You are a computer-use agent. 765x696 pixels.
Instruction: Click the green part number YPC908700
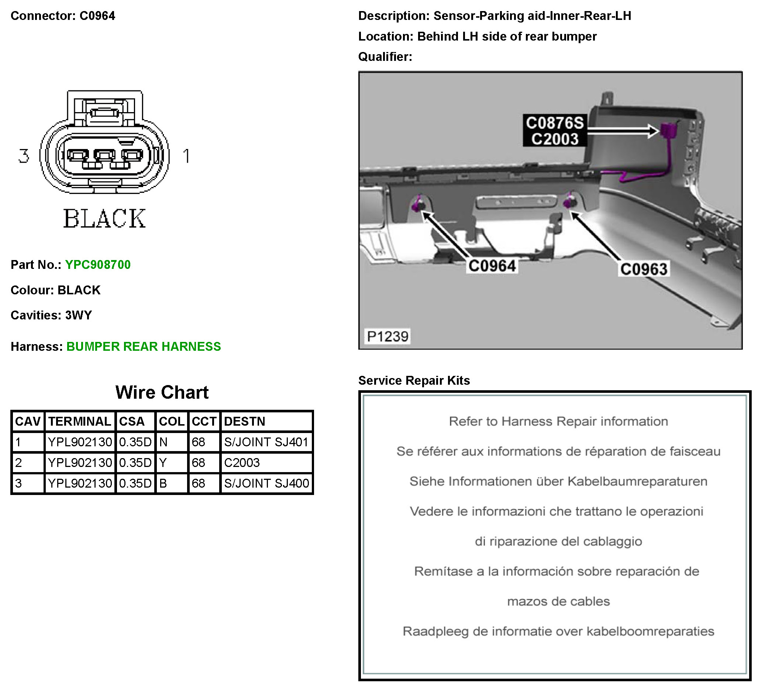(x=98, y=265)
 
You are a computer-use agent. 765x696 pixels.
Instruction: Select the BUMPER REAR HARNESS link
(x=144, y=347)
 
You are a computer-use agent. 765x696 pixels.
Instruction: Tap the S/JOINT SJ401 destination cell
(x=266, y=442)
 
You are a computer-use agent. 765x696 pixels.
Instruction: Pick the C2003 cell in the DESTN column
(x=242, y=463)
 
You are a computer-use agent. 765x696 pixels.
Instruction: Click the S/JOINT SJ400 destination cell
(x=266, y=483)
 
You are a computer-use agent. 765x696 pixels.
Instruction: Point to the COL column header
(x=172, y=421)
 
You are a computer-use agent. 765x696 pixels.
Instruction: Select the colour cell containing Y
(x=163, y=463)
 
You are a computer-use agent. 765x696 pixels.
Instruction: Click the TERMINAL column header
(x=80, y=421)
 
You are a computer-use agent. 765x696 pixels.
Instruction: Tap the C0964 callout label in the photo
(x=492, y=266)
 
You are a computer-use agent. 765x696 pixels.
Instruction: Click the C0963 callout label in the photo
(x=644, y=269)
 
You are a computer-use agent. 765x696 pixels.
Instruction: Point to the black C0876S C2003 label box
(x=554, y=131)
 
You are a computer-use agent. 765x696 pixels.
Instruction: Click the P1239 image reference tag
(x=387, y=336)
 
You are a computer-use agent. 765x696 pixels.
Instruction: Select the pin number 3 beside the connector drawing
(x=24, y=156)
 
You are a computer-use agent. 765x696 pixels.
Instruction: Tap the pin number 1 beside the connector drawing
(x=186, y=156)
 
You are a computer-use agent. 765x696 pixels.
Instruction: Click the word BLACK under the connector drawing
(x=104, y=219)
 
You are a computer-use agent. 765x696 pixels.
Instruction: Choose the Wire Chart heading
(x=162, y=392)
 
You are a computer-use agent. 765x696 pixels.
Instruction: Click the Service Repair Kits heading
(x=414, y=380)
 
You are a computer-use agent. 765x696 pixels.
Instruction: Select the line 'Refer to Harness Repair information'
(x=558, y=421)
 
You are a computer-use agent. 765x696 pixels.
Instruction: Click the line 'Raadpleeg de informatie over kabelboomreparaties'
(x=558, y=631)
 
